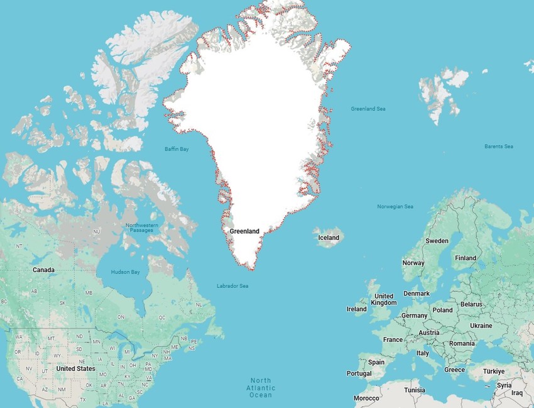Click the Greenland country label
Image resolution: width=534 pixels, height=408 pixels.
pyautogui.click(x=244, y=231)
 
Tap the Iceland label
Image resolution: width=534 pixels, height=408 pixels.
pyautogui.click(x=329, y=238)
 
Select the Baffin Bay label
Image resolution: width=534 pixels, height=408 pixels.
pyautogui.click(x=177, y=149)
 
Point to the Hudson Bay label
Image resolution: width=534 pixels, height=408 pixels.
pyautogui.click(x=125, y=272)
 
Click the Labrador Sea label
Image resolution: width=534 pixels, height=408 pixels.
pyautogui.click(x=232, y=286)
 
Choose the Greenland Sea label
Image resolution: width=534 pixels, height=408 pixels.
pyautogui.click(x=368, y=109)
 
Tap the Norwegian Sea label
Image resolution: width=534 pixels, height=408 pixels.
pyautogui.click(x=395, y=206)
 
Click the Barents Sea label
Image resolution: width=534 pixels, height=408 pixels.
pyautogui.click(x=498, y=146)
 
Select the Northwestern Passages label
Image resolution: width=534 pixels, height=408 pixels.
pyautogui.click(x=142, y=228)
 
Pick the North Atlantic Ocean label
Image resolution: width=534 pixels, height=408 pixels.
pyautogui.click(x=261, y=387)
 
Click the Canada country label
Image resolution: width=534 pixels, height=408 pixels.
pyautogui.click(x=43, y=270)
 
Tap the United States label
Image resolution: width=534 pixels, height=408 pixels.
pyautogui.click(x=75, y=368)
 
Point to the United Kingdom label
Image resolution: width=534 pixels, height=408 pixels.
pyautogui.click(x=384, y=299)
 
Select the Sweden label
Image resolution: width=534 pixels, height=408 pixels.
pyautogui.click(x=437, y=241)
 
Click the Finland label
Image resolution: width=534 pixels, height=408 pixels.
pyautogui.click(x=466, y=258)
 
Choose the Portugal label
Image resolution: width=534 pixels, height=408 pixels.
pyautogui.click(x=359, y=373)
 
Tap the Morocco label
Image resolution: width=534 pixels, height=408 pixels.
pyautogui.click(x=366, y=398)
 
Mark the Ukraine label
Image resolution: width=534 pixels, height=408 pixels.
pyautogui.click(x=481, y=326)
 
